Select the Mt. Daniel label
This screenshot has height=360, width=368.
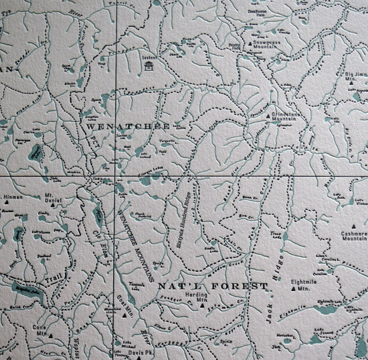(x=53, y=199)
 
